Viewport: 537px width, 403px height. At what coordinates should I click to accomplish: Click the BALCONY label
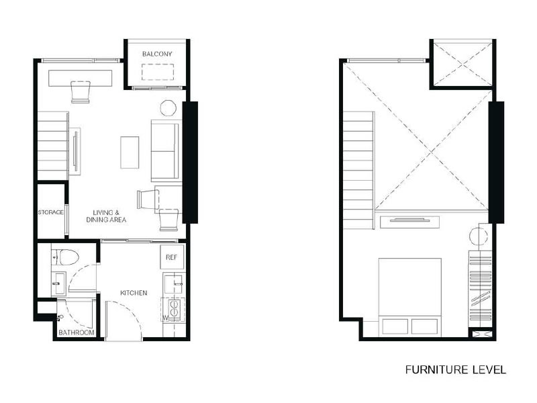point(157,54)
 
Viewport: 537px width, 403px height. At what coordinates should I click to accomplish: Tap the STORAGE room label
point(51,212)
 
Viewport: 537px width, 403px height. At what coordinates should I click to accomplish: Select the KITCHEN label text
point(134,293)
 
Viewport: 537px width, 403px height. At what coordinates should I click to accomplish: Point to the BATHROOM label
point(77,332)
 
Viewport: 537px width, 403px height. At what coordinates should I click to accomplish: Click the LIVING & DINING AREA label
point(106,216)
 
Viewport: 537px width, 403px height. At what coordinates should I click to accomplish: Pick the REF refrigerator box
point(172,257)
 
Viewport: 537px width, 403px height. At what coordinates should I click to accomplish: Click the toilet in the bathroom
point(65,257)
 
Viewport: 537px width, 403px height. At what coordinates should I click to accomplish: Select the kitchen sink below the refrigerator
point(173,283)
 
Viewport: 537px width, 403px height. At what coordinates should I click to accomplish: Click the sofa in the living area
point(164,150)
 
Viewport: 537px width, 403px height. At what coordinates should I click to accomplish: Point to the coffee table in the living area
point(130,152)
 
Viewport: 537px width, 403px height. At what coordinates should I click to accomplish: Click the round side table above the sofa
point(168,108)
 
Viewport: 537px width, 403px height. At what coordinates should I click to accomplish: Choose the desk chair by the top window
point(81,92)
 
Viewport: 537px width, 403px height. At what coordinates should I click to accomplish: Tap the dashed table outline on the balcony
point(158,72)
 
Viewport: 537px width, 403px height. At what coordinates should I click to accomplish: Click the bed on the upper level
point(409,296)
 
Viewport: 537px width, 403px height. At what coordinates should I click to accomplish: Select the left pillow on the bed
point(395,326)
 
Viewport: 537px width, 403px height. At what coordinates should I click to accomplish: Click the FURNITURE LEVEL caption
point(456,370)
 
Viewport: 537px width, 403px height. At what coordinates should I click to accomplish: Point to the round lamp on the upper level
point(478,236)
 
